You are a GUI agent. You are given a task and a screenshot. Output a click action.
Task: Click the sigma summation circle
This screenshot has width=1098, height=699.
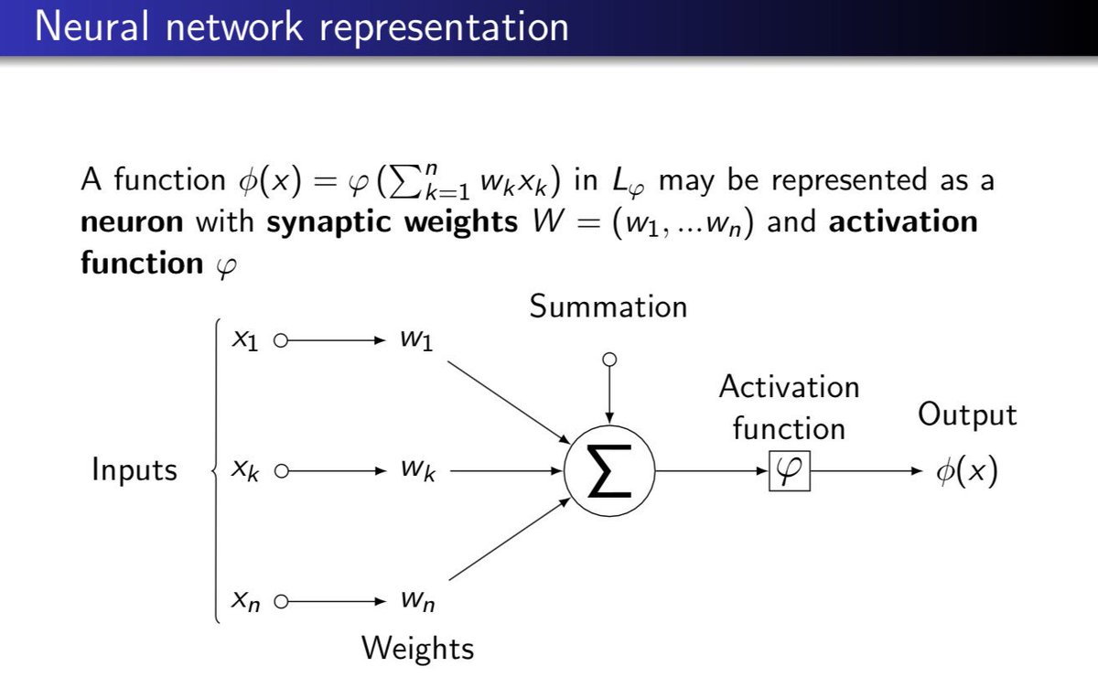tap(609, 472)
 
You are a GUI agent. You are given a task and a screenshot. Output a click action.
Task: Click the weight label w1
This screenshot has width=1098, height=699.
tap(416, 341)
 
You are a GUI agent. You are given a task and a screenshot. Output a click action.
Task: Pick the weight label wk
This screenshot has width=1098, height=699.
tap(417, 472)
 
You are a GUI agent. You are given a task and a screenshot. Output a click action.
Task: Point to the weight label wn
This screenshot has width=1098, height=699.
tap(416, 602)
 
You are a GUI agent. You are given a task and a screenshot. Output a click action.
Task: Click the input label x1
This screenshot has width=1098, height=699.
tap(245, 341)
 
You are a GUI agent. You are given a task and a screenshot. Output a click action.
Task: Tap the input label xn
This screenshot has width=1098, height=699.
tap(245, 602)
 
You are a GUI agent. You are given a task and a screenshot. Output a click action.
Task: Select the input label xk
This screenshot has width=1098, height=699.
tap(245, 472)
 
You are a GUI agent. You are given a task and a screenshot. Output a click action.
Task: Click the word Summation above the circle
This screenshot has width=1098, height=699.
tap(608, 306)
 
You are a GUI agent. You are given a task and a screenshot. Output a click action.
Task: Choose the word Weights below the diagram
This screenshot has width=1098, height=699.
tap(418, 649)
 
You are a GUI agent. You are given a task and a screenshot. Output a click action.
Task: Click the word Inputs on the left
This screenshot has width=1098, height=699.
tap(135, 471)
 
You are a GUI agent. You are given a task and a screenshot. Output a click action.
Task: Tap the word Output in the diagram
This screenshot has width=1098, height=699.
tap(967, 414)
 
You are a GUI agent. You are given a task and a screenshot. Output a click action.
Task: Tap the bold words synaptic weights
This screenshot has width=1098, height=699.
tap(391, 222)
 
